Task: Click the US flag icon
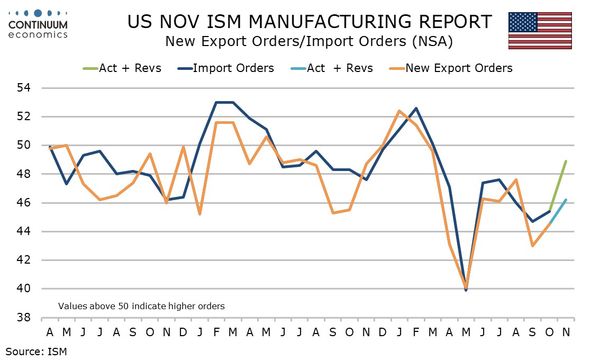[x=540, y=31]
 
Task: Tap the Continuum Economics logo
[x=38, y=24]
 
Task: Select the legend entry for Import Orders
[x=233, y=68]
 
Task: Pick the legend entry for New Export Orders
[x=459, y=68]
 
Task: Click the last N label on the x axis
[x=565, y=332]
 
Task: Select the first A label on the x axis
[x=50, y=332]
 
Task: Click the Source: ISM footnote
[x=37, y=350]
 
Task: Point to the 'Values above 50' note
[x=141, y=306]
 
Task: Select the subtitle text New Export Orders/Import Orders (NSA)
[x=308, y=42]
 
